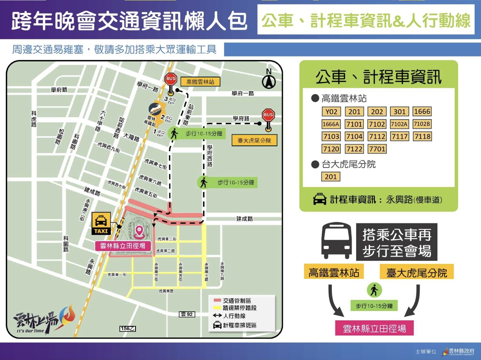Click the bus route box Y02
click(331, 112)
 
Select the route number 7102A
click(399, 124)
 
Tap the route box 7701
click(377, 149)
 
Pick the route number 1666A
click(331, 124)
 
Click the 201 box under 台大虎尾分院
click(331, 177)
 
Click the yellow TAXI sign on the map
click(101, 223)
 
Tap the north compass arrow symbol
click(269, 82)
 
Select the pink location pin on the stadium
click(139, 232)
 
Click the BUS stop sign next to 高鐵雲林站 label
click(171, 80)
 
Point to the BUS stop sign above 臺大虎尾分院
click(268, 115)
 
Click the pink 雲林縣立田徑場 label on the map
click(122, 246)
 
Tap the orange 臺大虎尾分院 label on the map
click(254, 140)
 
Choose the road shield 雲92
click(187, 314)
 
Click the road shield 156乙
click(127, 329)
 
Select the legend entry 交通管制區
click(233, 301)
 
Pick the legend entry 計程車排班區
click(235, 325)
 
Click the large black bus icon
click(336, 241)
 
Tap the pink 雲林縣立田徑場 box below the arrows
click(374, 329)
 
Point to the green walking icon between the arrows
click(374, 290)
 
